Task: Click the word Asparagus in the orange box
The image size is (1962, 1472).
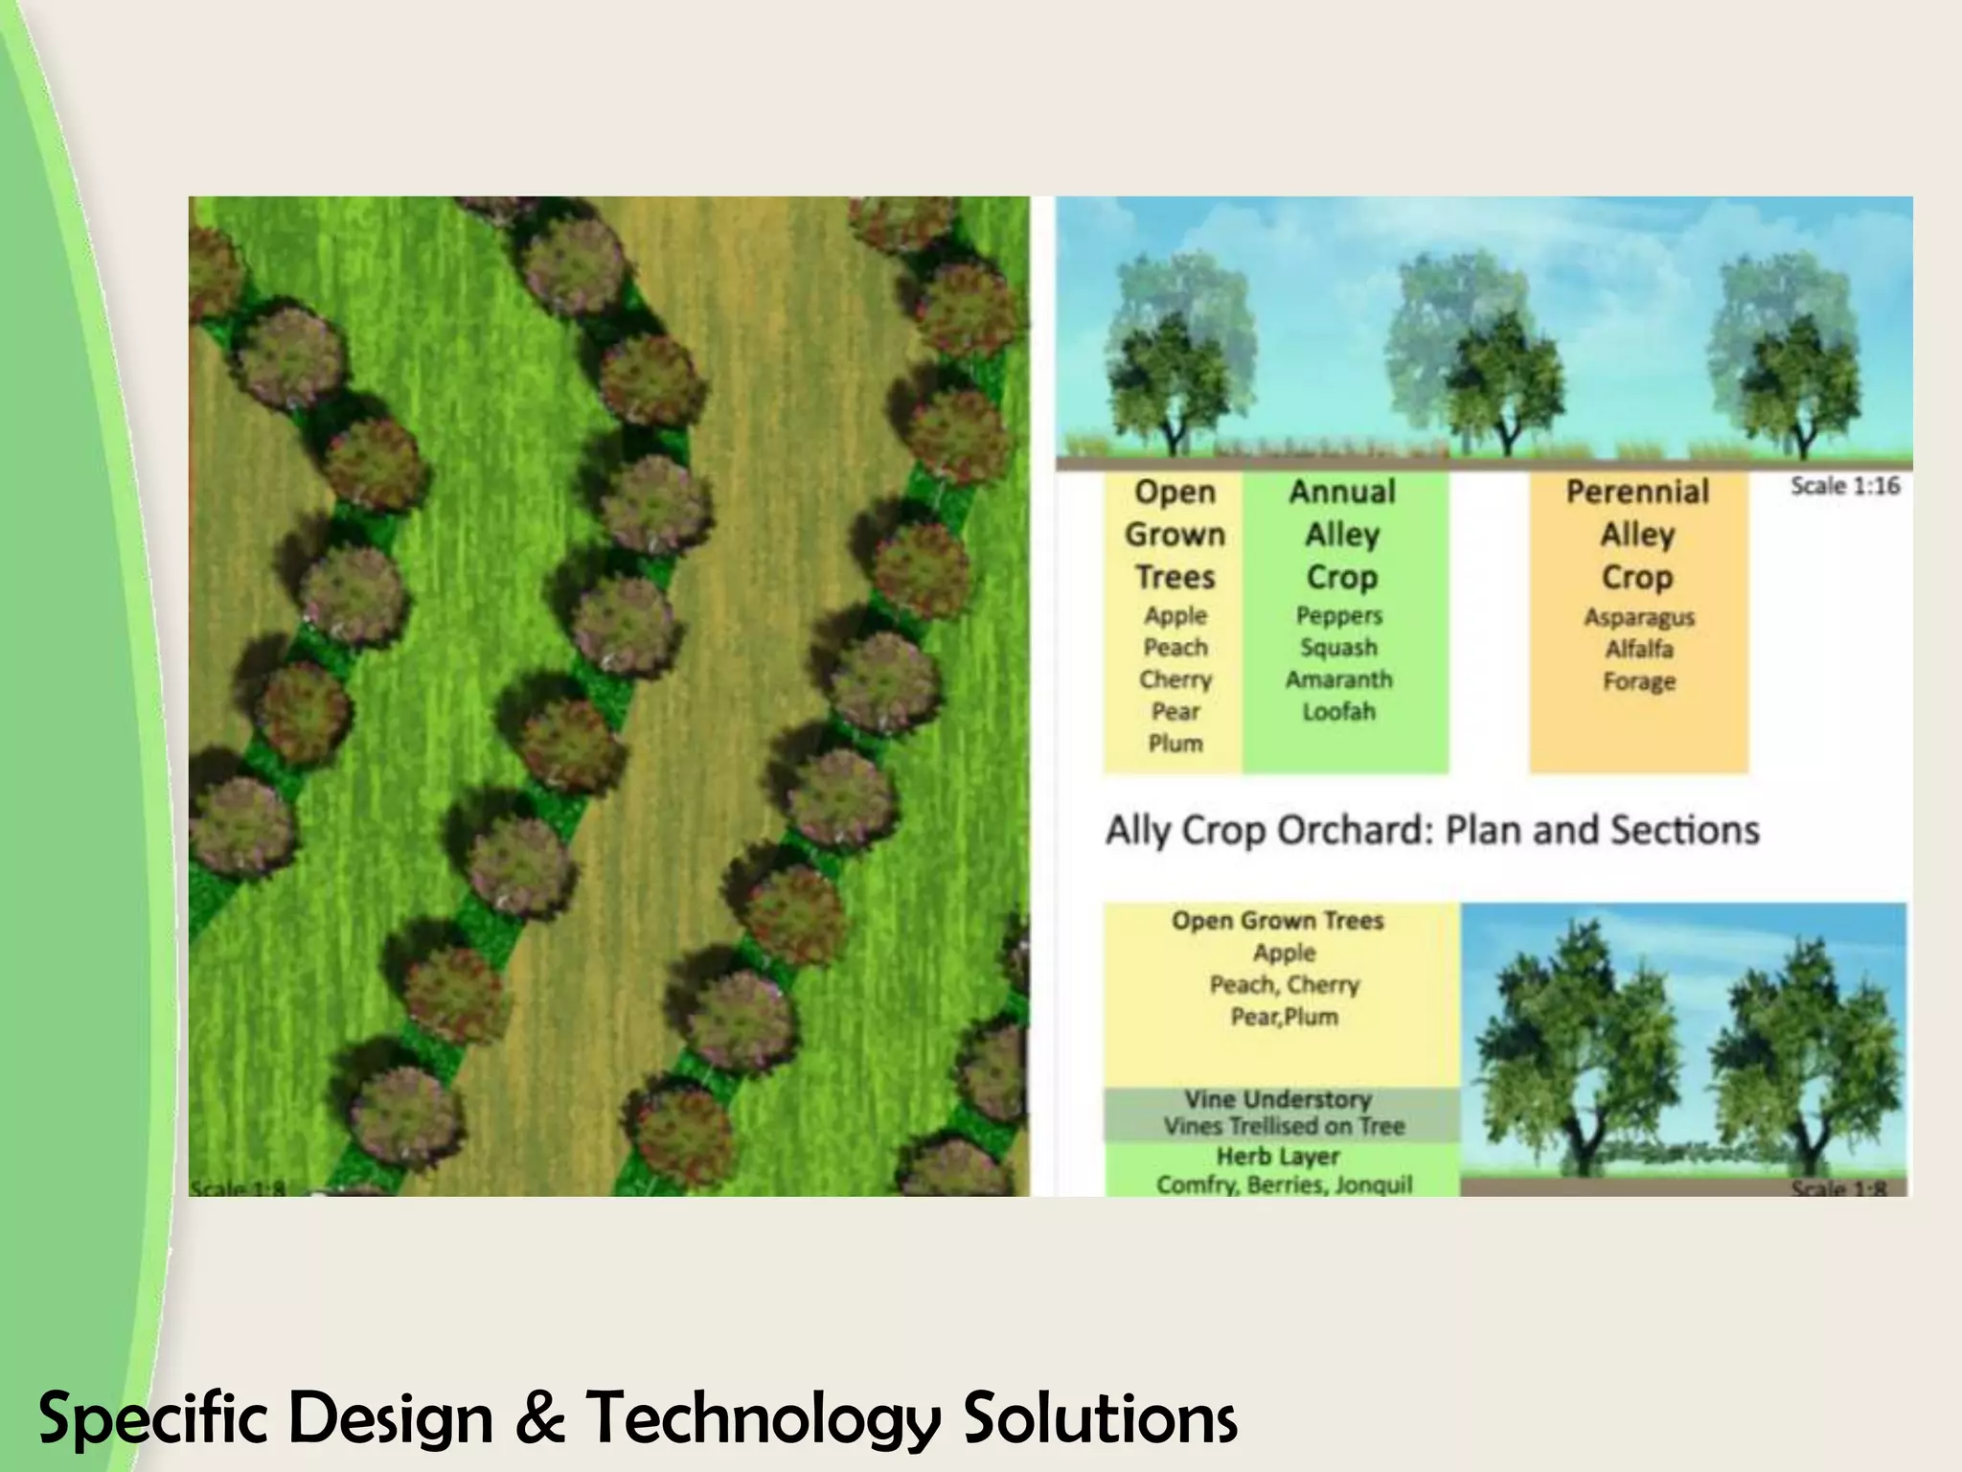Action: (1638, 617)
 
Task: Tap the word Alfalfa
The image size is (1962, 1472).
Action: (1638, 650)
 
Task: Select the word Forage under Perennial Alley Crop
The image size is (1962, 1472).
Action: (1638, 681)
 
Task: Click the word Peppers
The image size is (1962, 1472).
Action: (1338, 615)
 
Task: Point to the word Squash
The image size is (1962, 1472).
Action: (1338, 648)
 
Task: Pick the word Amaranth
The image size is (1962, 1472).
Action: (1338, 679)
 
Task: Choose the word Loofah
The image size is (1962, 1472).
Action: (1338, 712)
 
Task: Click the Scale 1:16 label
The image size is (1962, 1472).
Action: (1845, 486)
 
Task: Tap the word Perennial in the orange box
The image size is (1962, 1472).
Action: (1637, 492)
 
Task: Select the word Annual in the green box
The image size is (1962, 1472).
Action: (1341, 492)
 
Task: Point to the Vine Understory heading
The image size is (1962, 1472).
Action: (1278, 1099)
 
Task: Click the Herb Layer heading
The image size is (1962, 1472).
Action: (1278, 1157)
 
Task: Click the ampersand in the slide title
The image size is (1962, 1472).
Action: (538, 1419)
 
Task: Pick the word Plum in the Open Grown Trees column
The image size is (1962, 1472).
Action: (1175, 744)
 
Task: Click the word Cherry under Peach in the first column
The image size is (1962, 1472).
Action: (1175, 679)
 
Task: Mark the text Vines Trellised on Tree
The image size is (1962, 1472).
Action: (1284, 1126)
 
